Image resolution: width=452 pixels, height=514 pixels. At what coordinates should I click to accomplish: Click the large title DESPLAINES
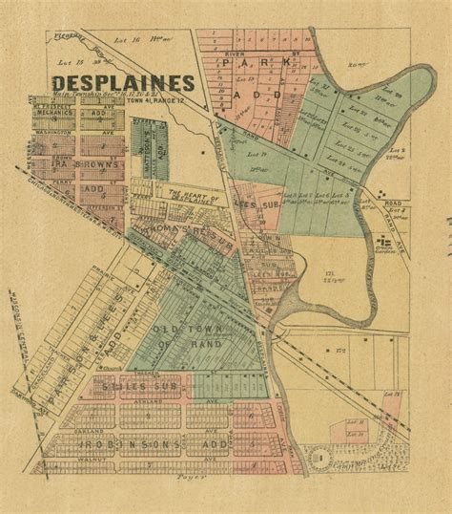pos(125,82)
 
